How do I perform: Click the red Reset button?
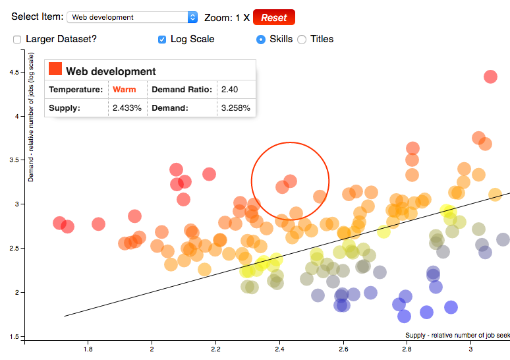pos(273,17)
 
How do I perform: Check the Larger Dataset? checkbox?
pos(17,40)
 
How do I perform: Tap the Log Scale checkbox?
pos(162,40)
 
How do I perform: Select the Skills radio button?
pos(261,40)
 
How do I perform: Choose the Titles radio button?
pos(302,40)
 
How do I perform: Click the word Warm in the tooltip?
pos(125,90)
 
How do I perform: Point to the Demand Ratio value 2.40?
pos(229,90)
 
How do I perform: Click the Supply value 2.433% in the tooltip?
pos(127,107)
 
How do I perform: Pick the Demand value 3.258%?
pos(235,107)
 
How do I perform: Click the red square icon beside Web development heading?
pos(55,69)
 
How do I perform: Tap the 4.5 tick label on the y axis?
pos(14,73)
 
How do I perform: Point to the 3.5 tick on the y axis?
pos(14,160)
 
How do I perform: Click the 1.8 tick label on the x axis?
pos(88,349)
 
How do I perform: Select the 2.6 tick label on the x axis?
pos(343,349)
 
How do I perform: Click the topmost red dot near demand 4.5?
pos(490,76)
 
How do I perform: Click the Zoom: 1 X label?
pos(227,18)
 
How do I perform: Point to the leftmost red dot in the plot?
pos(59,223)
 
